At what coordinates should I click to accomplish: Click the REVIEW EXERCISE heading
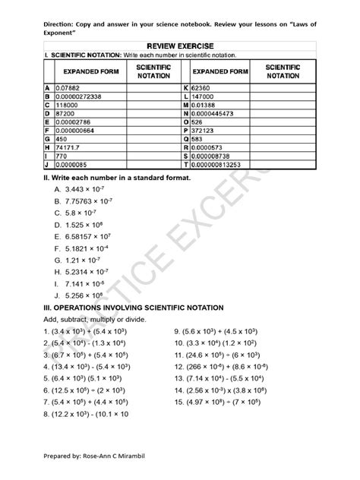point(180,46)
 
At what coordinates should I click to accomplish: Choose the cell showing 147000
point(202,97)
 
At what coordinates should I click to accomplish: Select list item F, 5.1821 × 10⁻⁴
point(87,248)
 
